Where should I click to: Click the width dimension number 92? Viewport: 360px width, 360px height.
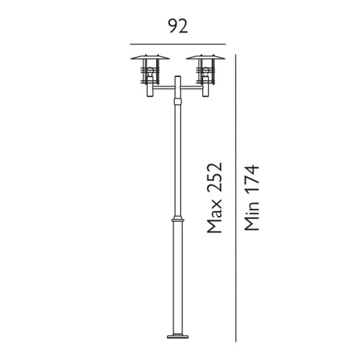click(178, 27)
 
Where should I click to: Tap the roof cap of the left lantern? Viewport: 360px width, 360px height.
click(150, 58)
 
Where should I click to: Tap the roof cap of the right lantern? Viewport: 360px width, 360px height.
click(205, 58)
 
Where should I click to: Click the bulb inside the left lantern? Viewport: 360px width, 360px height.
click(150, 72)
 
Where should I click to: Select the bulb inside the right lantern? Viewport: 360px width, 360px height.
click(205, 72)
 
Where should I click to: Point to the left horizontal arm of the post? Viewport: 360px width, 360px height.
click(161, 90)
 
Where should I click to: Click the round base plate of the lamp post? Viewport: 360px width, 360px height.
click(177, 335)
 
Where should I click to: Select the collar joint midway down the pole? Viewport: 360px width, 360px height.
click(177, 217)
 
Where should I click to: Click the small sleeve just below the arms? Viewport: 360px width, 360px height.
click(177, 102)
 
